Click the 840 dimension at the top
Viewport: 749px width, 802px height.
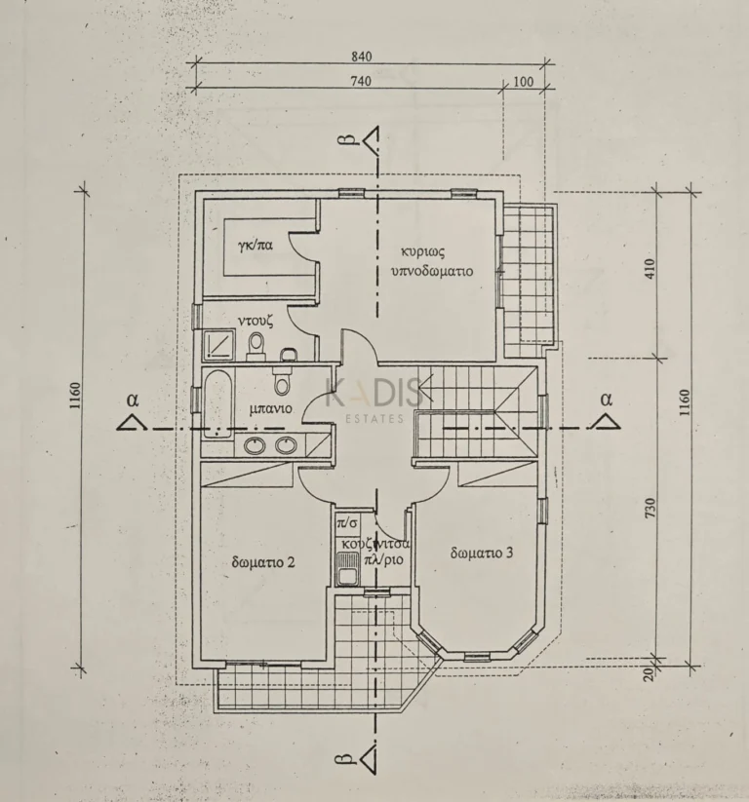[x=362, y=57]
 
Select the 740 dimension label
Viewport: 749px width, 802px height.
[x=362, y=81]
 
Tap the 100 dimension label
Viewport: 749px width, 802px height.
[x=523, y=81]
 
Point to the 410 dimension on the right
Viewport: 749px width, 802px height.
[x=650, y=269]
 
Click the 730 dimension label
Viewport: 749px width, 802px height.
[x=650, y=508]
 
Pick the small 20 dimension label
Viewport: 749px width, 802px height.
[x=649, y=674]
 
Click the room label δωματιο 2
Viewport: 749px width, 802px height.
[x=263, y=562]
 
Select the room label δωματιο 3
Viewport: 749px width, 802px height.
[x=482, y=553]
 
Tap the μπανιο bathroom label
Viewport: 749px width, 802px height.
[x=271, y=409]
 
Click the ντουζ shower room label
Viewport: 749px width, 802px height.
[x=256, y=322]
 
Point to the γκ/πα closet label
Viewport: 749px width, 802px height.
[x=255, y=245]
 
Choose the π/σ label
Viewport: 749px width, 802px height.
[x=346, y=523]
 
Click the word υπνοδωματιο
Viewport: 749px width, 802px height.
[x=432, y=271]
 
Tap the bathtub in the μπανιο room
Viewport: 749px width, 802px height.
[x=218, y=405]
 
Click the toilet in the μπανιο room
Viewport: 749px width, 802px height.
[x=281, y=379]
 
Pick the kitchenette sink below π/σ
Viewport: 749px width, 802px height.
[x=348, y=568]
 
